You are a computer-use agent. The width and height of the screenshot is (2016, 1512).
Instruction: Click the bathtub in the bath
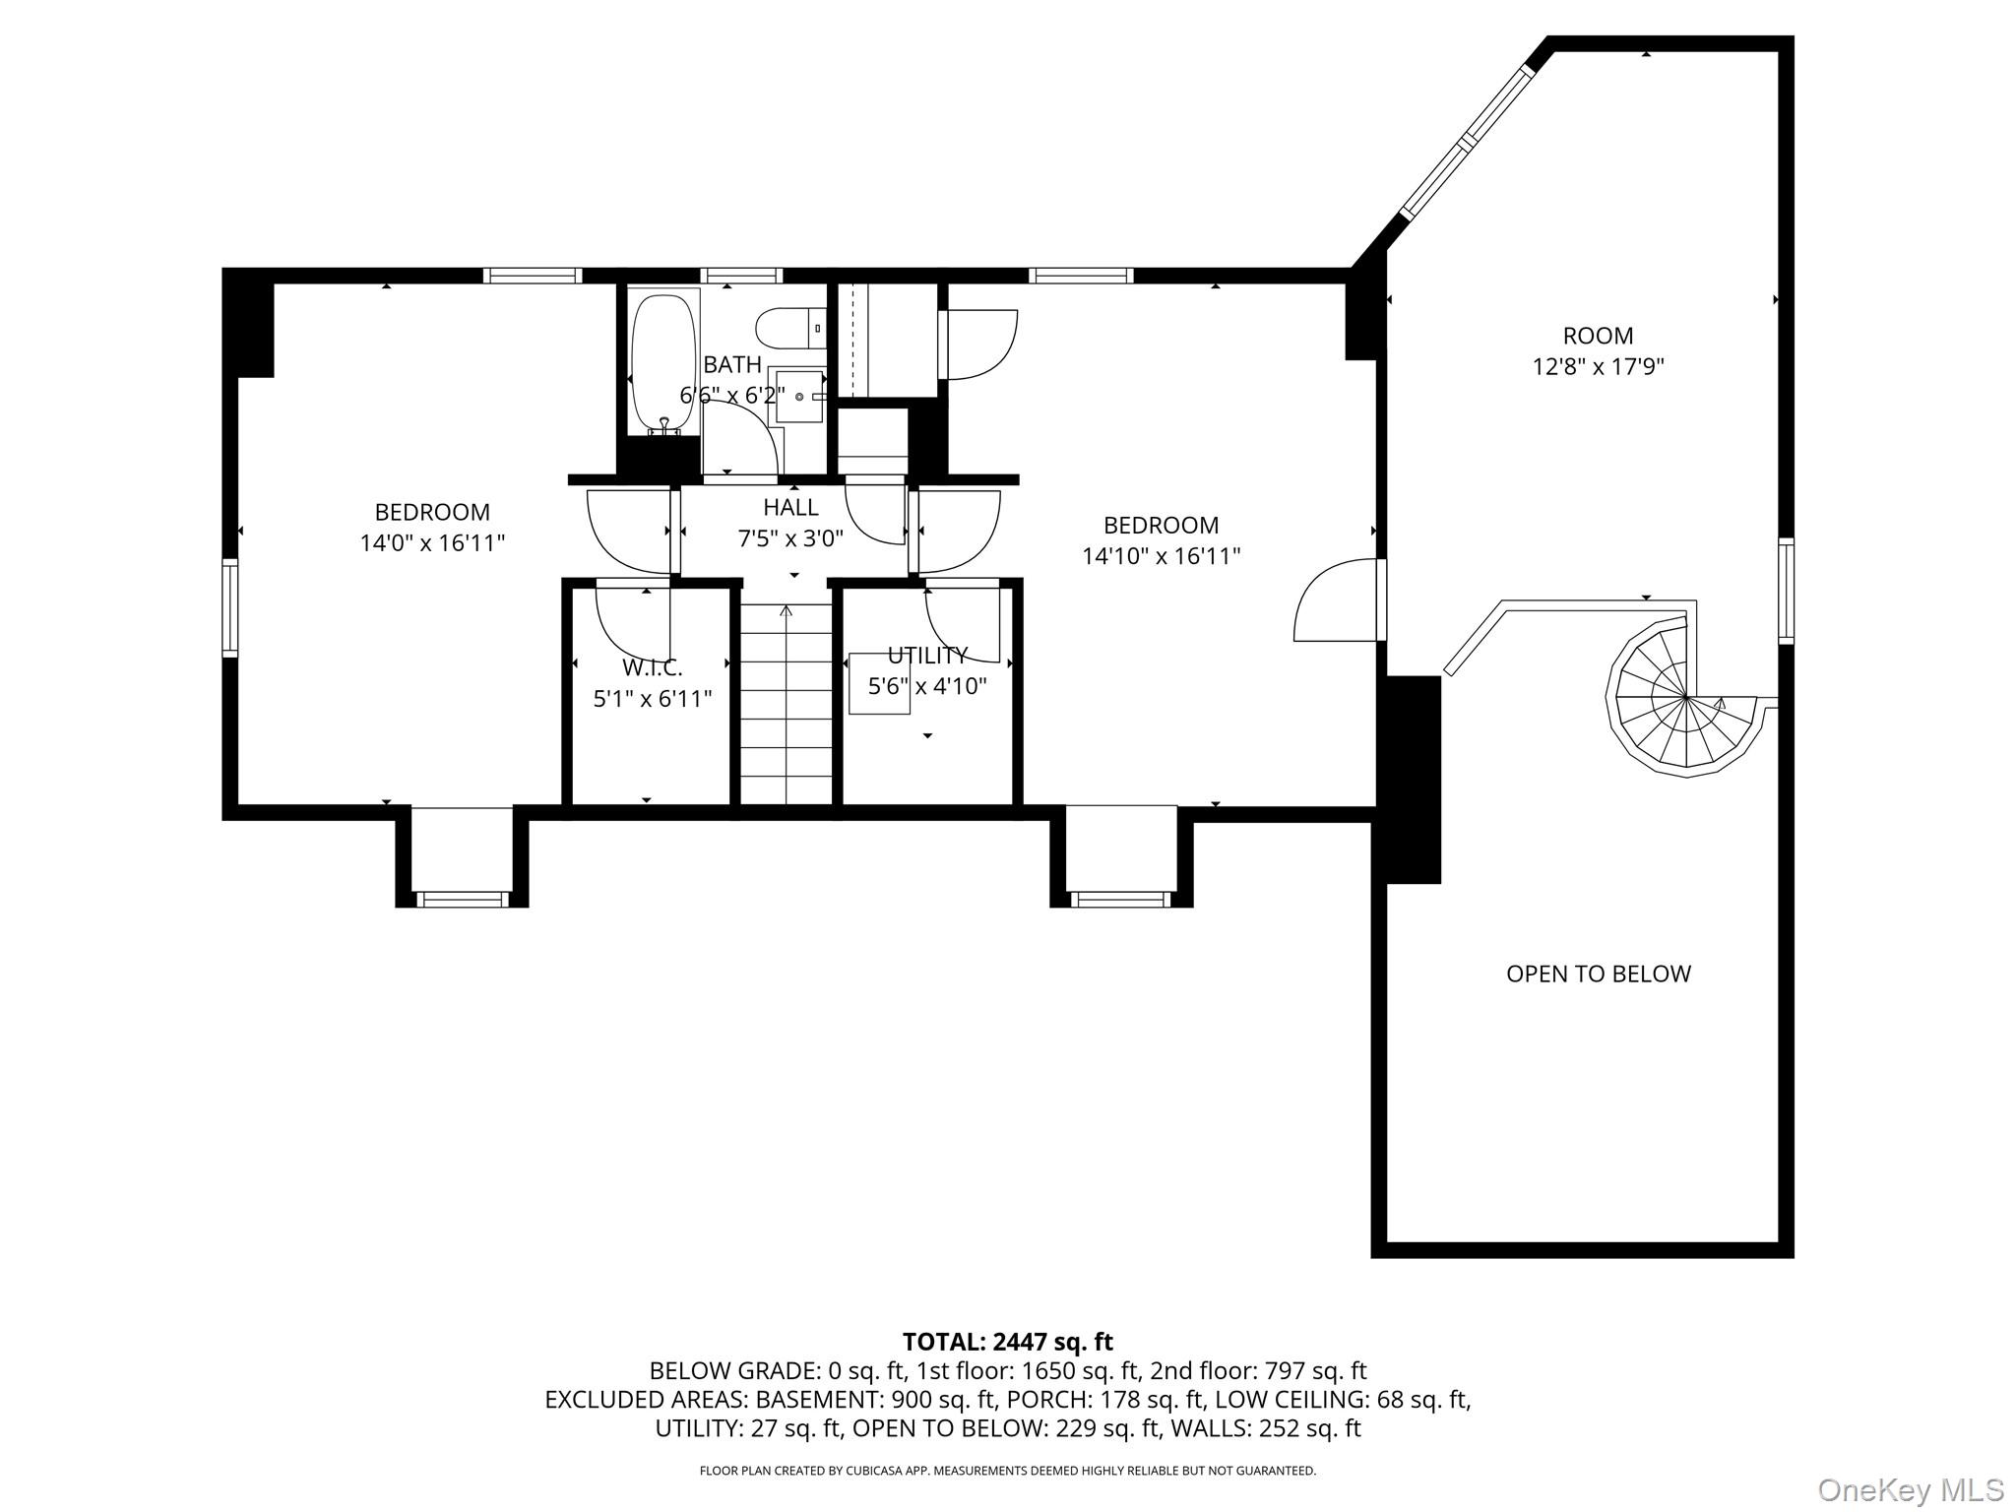pyautogui.click(x=664, y=361)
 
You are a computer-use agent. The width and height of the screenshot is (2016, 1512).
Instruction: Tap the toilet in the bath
pyautogui.click(x=790, y=328)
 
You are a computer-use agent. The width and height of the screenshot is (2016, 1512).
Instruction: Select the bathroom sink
pyautogui.click(x=797, y=396)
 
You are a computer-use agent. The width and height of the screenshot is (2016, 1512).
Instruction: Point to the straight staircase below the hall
pyautogui.click(x=787, y=703)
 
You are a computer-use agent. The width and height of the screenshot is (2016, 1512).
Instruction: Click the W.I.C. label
pyautogui.click(x=652, y=668)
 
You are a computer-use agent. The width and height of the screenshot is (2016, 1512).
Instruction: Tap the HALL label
pyautogui.click(x=790, y=507)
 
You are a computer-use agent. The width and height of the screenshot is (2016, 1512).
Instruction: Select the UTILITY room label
pyautogui.click(x=927, y=656)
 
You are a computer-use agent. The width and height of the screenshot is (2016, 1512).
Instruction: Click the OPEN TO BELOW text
pyautogui.click(x=1598, y=974)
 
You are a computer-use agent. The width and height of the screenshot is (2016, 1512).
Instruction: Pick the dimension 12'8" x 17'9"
pyautogui.click(x=1598, y=367)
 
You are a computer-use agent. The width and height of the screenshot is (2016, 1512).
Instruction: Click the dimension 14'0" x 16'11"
pyautogui.click(x=432, y=542)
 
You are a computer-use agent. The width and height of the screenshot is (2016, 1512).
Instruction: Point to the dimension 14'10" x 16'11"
pyautogui.click(x=1161, y=556)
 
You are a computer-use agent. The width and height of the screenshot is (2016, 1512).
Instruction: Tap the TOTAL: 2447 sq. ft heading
pyautogui.click(x=1007, y=1342)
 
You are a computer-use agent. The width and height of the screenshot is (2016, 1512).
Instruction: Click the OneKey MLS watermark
pyautogui.click(x=1911, y=1489)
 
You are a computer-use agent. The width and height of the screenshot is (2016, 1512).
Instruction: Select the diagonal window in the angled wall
pyautogui.click(x=1468, y=142)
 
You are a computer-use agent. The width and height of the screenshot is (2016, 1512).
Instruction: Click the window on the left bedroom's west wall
pyautogui.click(x=230, y=607)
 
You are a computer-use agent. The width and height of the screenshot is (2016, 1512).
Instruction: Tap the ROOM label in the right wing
pyautogui.click(x=1598, y=336)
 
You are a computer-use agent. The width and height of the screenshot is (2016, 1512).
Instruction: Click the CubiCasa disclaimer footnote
pyautogui.click(x=1007, y=1471)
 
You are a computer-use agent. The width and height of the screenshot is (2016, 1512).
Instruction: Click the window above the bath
pyautogui.click(x=742, y=276)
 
